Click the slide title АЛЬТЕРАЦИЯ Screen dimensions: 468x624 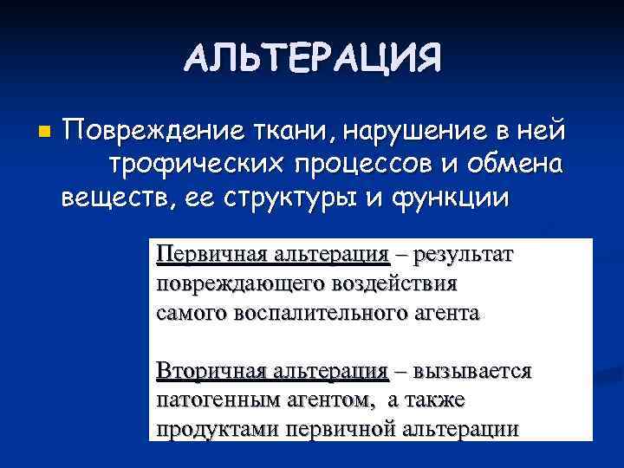[x=312, y=58]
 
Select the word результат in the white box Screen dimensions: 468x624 [x=465, y=256]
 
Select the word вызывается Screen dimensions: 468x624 [x=473, y=373]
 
